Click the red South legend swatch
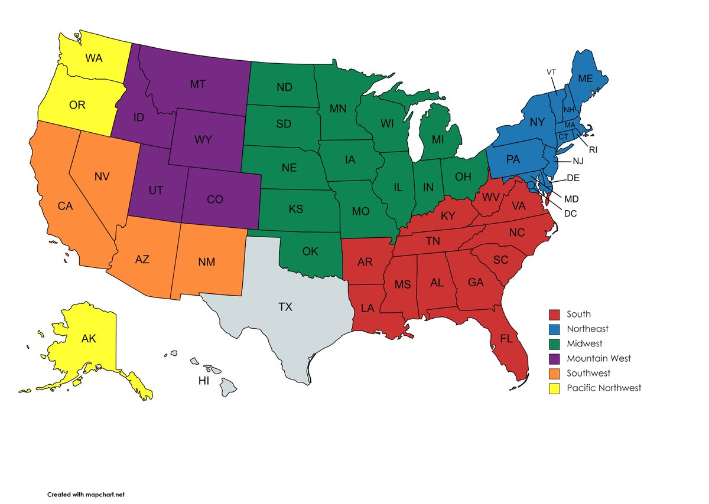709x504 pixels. coord(554,315)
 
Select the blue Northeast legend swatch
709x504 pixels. coord(554,329)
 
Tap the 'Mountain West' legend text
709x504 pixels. coord(599,358)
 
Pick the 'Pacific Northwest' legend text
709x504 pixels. coord(604,388)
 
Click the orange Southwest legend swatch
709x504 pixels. coord(554,373)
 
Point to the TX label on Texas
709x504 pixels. coord(285,307)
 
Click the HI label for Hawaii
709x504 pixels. coord(204,381)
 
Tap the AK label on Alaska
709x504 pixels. coord(89,339)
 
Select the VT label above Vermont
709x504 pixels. coord(551,72)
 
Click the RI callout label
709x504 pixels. coord(593,150)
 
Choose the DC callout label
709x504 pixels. coord(571,213)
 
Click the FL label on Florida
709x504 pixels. coord(506,339)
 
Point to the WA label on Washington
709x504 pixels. coord(94,58)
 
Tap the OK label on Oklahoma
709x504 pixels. coord(310,251)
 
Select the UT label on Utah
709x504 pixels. coord(155,191)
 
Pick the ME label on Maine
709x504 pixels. coord(585,78)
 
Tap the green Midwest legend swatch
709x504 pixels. coord(554,343)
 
